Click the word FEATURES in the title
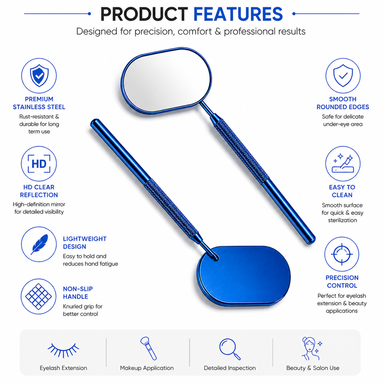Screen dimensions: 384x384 coord(238,14)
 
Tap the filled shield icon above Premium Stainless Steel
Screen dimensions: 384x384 coord(39,76)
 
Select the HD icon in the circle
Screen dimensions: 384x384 coord(39,164)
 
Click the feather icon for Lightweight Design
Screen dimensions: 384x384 coord(39,244)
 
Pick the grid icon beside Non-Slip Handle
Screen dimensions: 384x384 coord(39,296)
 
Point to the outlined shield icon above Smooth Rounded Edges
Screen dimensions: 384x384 coord(343,76)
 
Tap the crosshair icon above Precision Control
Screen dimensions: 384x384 coord(342,254)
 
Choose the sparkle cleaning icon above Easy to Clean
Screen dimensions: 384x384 coord(343,163)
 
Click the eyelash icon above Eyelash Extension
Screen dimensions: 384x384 coord(64,350)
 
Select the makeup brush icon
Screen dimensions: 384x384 coord(148,348)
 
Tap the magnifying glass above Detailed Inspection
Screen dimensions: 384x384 coord(230,349)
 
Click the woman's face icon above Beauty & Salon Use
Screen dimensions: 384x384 coord(312,348)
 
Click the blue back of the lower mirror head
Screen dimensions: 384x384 coord(244,276)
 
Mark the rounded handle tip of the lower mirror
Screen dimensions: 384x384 coord(94,123)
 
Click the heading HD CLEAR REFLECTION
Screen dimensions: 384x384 coord(39,191)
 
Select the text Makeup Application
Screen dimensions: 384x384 coord(147,368)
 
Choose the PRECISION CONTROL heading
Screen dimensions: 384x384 coord(342,282)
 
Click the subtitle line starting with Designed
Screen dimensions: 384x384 coord(191,32)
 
